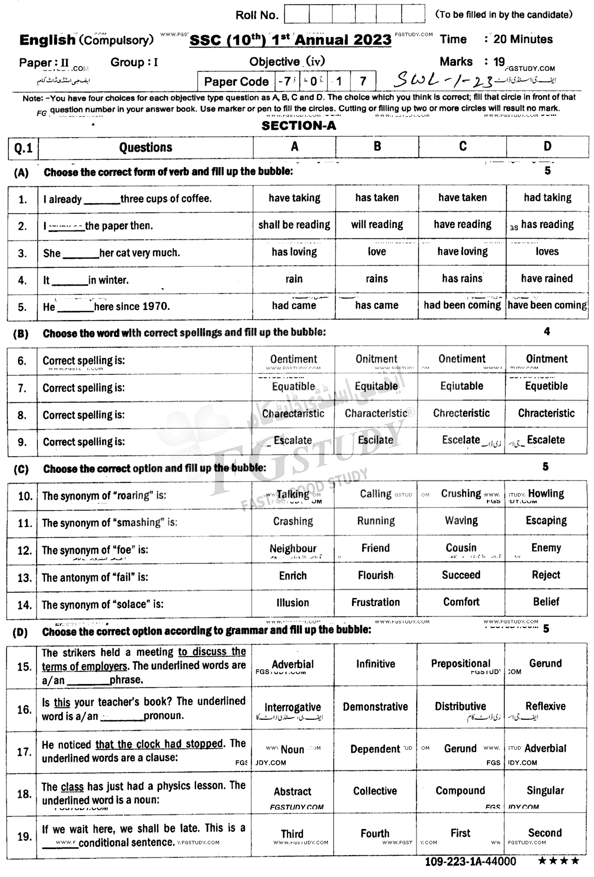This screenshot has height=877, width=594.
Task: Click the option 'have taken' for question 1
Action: click(462, 198)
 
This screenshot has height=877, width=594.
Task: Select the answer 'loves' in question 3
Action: click(547, 251)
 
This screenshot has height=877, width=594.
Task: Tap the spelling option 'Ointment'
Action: click(546, 359)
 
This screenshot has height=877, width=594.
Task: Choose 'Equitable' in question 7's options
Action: click(376, 386)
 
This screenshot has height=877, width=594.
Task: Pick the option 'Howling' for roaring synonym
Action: click(546, 494)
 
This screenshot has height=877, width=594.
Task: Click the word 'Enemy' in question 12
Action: click(546, 548)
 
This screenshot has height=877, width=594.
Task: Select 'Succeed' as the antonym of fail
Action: click(461, 575)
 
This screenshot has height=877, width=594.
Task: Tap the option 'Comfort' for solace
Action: click(461, 602)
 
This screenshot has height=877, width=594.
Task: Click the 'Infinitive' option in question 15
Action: click(375, 664)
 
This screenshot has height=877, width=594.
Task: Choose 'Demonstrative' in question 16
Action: click(375, 706)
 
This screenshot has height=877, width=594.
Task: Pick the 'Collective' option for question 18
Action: click(375, 791)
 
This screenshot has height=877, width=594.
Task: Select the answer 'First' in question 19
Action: click(460, 833)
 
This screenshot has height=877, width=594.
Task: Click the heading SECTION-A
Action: click(298, 125)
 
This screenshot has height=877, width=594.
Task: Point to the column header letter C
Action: click(462, 146)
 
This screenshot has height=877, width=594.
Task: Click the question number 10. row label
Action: click(24, 496)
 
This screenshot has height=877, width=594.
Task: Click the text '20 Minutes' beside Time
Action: click(523, 39)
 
